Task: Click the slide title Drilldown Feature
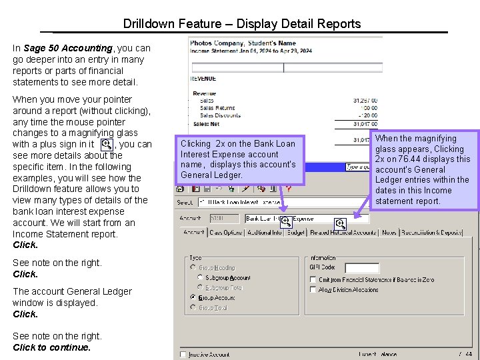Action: tap(241, 24)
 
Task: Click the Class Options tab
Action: tap(226, 233)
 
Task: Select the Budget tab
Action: tap(296, 233)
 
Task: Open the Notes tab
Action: tap(389, 233)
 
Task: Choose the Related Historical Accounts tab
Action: tap(343, 233)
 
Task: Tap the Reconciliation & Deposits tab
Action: tap(431, 233)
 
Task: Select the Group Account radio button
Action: tap(193, 297)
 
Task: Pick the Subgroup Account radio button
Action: tap(193, 277)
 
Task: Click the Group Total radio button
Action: tap(193, 307)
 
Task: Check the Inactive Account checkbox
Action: tap(183, 355)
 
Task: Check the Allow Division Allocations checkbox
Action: tap(313, 290)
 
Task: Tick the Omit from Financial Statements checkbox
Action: tap(313, 280)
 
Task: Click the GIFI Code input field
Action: tap(362, 268)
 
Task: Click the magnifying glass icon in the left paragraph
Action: tap(105, 144)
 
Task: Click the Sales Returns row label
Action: tap(217, 108)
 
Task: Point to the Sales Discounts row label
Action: tap(220, 115)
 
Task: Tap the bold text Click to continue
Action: tap(51, 347)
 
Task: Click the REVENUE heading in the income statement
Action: tap(204, 79)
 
